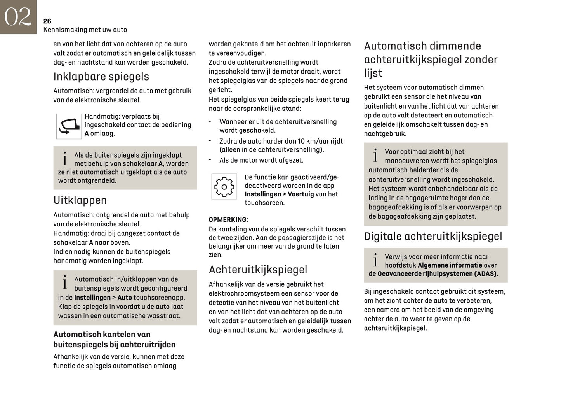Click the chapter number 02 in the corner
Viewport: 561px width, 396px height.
coord(18,17)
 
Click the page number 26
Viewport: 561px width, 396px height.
coord(47,21)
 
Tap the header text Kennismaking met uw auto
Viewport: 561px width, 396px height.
coord(85,30)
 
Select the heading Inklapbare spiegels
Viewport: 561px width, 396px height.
coord(101,77)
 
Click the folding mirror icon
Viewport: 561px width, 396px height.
coord(69,126)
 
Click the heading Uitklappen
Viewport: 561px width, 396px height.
coord(80,200)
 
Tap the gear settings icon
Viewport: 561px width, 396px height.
coord(224,187)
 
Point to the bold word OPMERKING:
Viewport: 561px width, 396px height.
coord(228,220)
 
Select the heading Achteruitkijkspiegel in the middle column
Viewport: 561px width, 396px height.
coord(258,270)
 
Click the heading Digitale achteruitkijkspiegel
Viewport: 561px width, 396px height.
coord(433,237)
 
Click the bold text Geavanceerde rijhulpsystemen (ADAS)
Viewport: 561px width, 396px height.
coord(437,274)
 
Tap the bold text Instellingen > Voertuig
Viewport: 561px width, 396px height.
coord(279,194)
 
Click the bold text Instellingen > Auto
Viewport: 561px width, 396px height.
coord(103,298)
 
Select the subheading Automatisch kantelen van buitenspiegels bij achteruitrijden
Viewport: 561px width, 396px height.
coord(114,340)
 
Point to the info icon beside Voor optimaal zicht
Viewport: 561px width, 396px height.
coord(375,155)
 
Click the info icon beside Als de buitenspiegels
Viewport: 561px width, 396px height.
coord(65,159)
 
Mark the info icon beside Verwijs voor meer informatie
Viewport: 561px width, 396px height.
coord(375,260)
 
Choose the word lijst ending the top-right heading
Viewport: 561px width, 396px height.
coord(373,73)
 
